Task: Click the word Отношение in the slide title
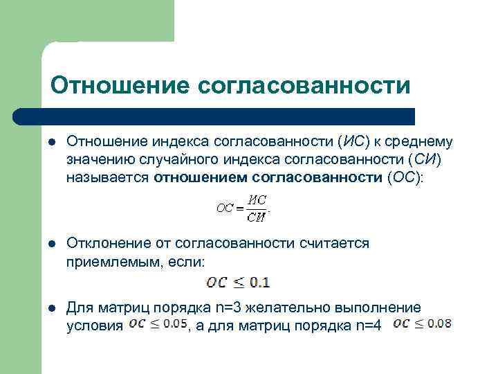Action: click(x=119, y=85)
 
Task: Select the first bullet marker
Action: click(x=51, y=142)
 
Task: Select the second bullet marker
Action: click(x=51, y=243)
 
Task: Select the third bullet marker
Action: click(x=51, y=307)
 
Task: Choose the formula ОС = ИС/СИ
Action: click(x=242, y=207)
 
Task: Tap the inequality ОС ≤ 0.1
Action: click(x=239, y=282)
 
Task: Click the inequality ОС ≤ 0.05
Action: click(x=158, y=324)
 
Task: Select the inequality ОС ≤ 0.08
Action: click(x=422, y=323)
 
